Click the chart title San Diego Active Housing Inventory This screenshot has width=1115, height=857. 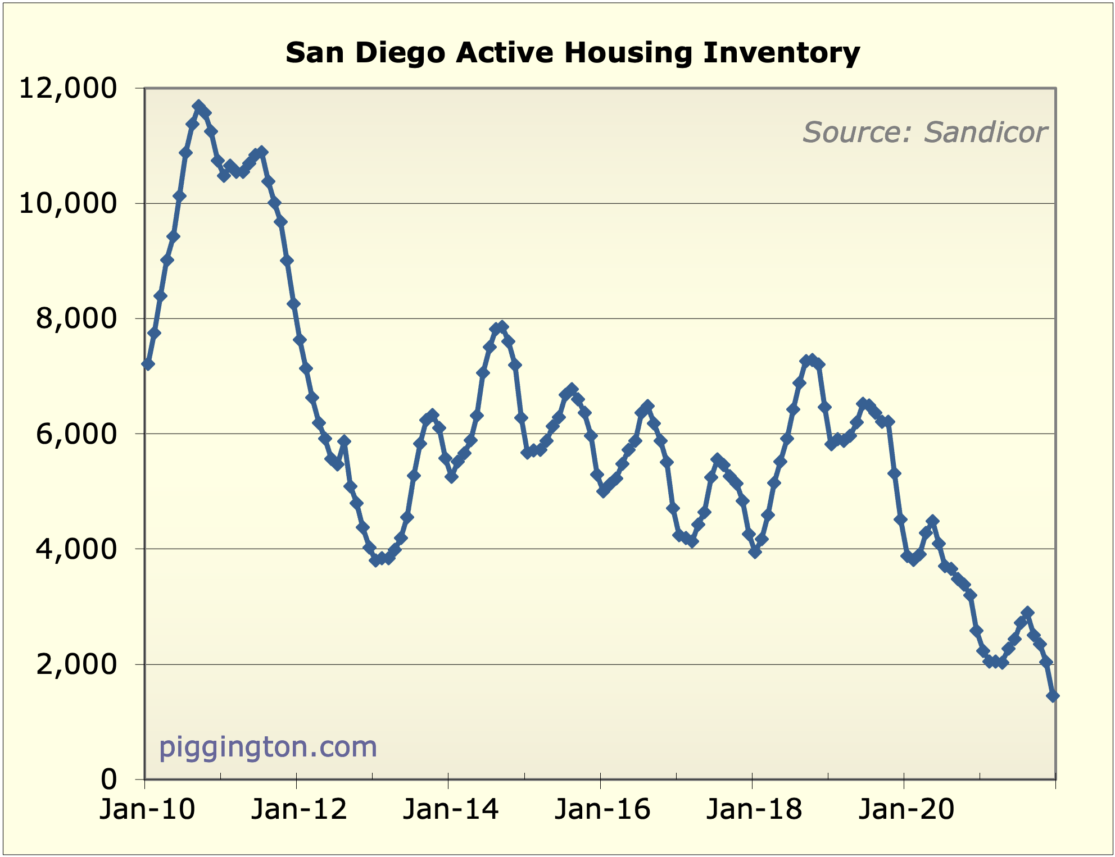tap(573, 53)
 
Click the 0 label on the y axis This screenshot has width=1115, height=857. tap(109, 779)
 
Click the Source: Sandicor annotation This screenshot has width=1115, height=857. tap(924, 133)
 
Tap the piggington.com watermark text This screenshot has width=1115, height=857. tap(268, 747)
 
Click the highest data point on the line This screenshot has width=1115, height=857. tap(198, 106)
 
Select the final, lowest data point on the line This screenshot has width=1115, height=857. tap(1053, 696)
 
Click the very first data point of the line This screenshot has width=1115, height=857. tap(148, 364)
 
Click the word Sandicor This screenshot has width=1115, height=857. tap(985, 133)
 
